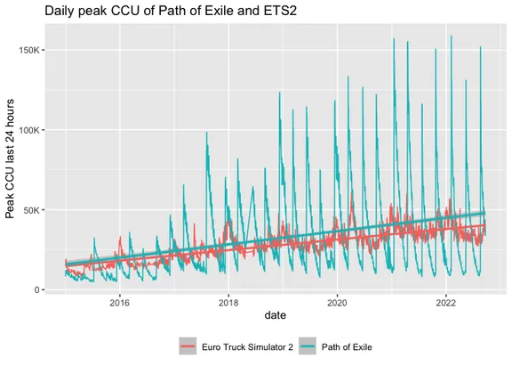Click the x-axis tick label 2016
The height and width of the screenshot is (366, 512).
pyautogui.click(x=120, y=303)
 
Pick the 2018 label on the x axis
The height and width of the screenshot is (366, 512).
pyautogui.click(x=228, y=303)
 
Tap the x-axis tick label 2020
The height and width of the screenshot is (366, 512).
pyautogui.click(x=337, y=303)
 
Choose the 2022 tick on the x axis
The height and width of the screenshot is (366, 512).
pyautogui.click(x=445, y=303)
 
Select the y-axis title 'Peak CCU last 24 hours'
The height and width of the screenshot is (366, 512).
pyautogui.click(x=11, y=160)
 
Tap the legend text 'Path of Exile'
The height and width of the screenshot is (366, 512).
pyautogui.click(x=362, y=346)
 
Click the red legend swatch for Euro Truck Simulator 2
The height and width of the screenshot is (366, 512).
pyautogui.click(x=188, y=346)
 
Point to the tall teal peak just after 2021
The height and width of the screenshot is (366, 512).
pyautogui.click(x=394, y=39)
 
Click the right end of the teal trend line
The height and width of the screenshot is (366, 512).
pyautogui.click(x=484, y=213)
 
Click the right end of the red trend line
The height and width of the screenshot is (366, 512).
pyautogui.click(x=484, y=225)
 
